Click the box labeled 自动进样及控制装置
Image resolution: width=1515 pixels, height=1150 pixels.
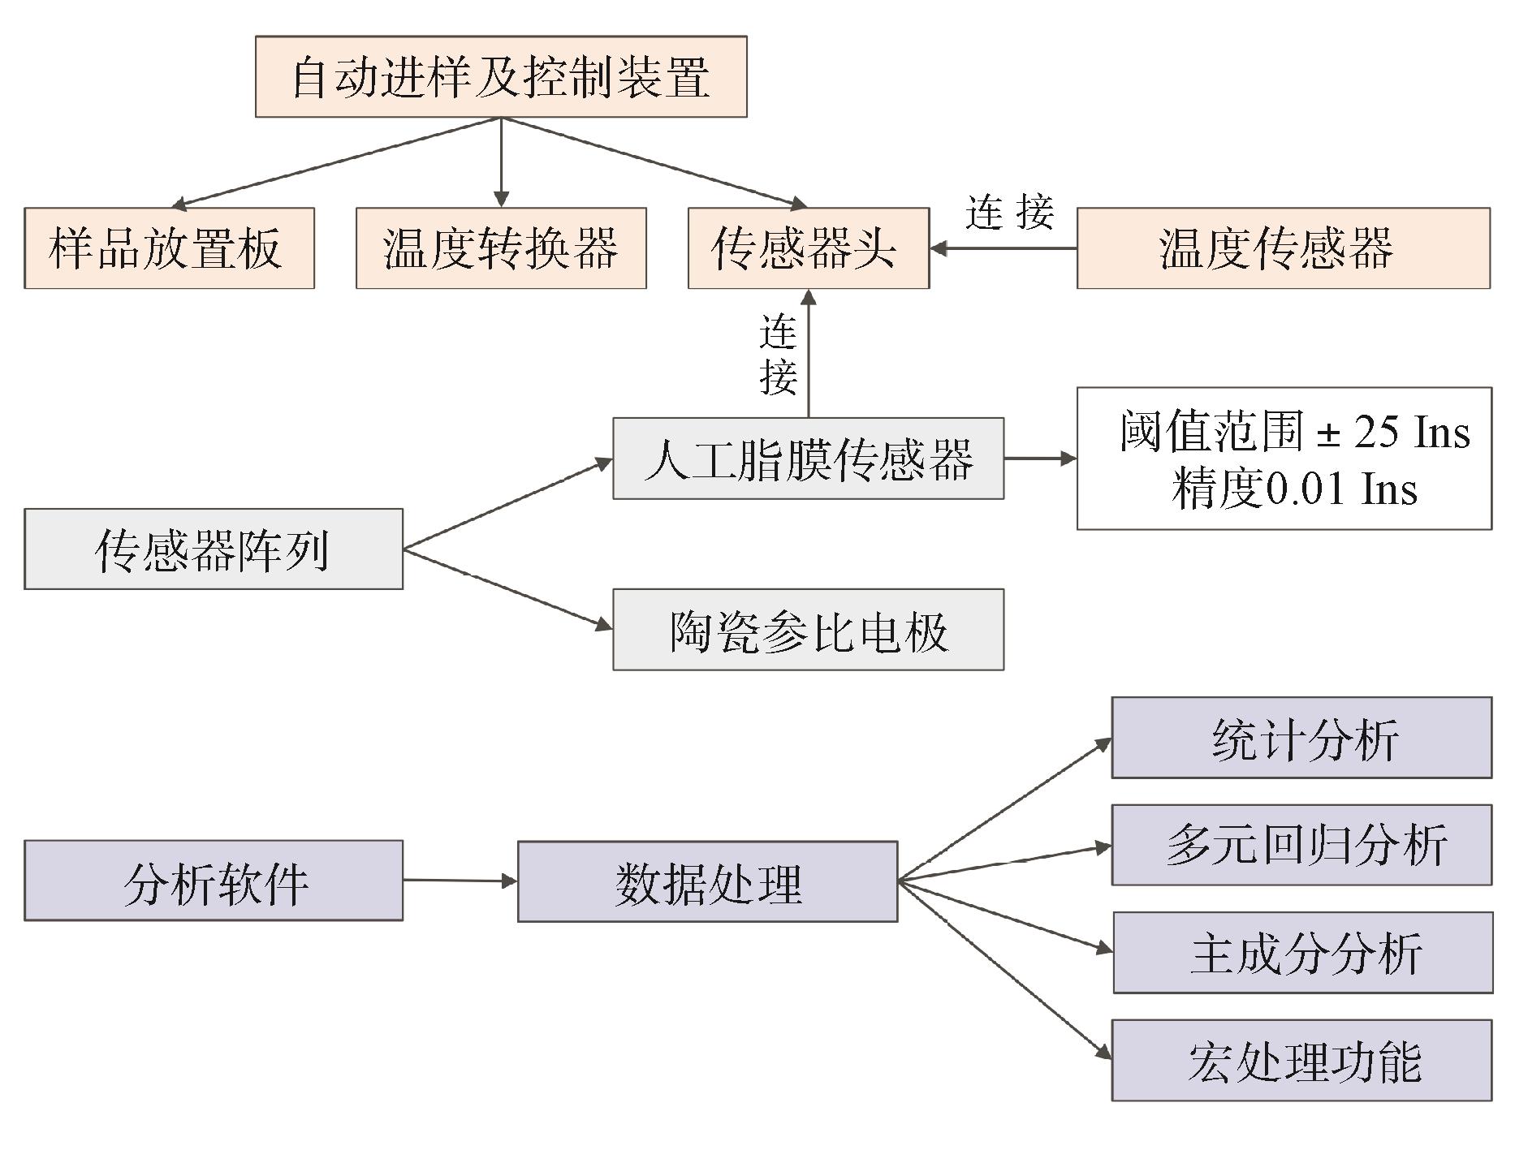501,76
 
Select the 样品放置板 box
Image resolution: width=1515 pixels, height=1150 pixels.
169,248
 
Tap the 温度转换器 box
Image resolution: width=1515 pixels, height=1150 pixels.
501,248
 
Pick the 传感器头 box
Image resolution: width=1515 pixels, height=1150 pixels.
808,248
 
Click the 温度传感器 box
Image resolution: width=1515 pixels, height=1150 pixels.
1283,248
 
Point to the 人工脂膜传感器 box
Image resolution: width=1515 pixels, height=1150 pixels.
808,458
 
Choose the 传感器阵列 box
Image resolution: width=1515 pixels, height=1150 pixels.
213,549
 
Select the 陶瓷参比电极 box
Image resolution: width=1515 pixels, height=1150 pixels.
808,630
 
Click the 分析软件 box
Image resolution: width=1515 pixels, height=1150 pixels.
213,881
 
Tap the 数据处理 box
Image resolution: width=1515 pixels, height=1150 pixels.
707,881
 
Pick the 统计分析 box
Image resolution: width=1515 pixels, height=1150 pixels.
1301,738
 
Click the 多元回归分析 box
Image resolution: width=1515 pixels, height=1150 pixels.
1301,845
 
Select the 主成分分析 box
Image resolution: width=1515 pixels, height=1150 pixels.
1302,953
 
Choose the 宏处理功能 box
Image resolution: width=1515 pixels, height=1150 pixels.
1301,1060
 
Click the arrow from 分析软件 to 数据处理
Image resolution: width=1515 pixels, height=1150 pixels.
460,880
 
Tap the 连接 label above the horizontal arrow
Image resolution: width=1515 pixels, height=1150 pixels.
1009,212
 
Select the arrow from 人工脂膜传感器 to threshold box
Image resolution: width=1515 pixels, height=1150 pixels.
1040,459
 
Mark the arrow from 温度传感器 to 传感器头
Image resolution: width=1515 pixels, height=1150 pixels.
1004,248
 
